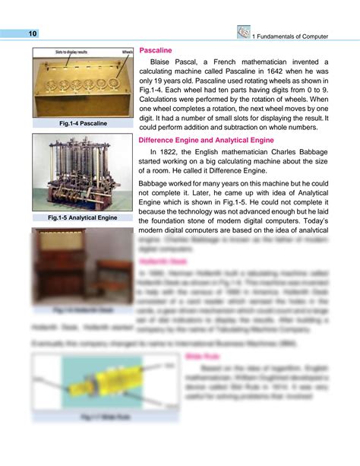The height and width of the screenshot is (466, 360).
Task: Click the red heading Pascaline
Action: (155, 49)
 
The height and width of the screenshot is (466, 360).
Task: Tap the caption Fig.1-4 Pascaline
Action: (83, 122)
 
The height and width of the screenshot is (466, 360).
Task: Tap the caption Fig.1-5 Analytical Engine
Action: (83, 218)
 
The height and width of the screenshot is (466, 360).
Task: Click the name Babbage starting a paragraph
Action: (156, 183)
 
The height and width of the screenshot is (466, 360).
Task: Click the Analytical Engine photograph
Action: (83, 174)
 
